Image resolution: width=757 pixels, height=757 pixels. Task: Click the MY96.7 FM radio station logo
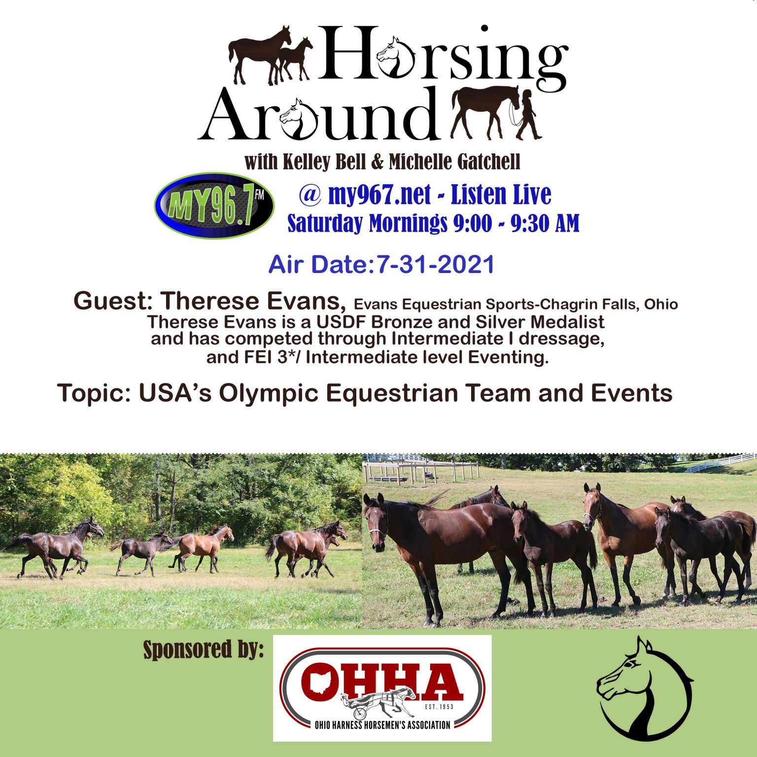tap(214, 206)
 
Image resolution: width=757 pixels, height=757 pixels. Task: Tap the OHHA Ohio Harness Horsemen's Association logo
tap(382, 688)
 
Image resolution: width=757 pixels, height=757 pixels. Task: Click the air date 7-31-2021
tap(435, 265)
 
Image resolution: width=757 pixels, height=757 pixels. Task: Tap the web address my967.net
tap(379, 194)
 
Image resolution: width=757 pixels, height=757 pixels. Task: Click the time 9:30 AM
tap(545, 223)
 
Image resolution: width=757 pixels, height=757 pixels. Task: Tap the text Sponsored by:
tap(204, 650)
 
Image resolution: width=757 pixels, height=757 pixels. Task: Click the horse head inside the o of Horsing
tap(394, 57)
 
